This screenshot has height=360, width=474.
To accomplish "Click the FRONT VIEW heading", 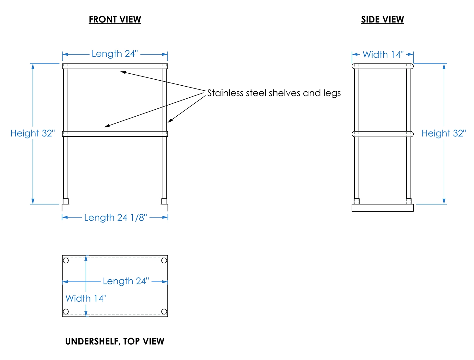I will [115, 20].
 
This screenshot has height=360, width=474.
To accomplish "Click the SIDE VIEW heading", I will [382, 20].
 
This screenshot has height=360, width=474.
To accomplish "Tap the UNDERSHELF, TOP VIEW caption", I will [115, 341].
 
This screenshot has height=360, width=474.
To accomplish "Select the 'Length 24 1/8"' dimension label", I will [115, 218].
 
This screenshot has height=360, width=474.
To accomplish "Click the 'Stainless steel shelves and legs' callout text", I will [274, 93].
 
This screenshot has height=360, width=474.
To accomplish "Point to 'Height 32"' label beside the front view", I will [33, 133].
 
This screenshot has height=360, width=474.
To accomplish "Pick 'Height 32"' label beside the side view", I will [444, 133].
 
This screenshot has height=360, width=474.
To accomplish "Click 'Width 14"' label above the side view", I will [383, 55].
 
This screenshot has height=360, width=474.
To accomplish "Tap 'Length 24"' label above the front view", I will [115, 54].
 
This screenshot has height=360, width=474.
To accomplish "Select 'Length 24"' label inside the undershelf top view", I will [126, 281].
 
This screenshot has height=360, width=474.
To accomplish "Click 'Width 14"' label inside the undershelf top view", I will [86, 298].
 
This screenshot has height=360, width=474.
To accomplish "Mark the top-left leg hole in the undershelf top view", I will [66, 260].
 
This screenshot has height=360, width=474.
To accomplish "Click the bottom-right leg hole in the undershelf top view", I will [164, 312].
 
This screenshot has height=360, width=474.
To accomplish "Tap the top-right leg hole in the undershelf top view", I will [164, 260].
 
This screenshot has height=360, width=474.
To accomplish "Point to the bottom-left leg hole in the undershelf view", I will [66, 312].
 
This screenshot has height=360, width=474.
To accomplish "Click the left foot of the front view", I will [66, 201].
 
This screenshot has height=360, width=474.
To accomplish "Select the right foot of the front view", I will [164, 201].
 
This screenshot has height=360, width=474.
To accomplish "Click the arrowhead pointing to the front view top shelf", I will [123, 72].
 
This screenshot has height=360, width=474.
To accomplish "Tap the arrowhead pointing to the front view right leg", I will [170, 121].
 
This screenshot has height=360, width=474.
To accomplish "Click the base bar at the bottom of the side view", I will [382, 208].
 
